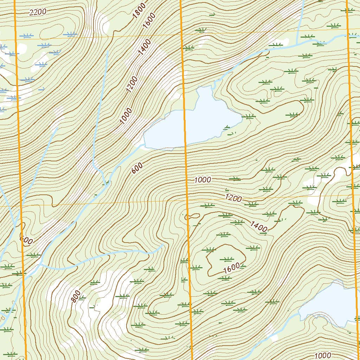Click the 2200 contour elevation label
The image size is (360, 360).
point(38,12)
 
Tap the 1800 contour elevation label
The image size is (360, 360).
point(139,12)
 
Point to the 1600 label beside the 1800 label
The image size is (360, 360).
point(149,22)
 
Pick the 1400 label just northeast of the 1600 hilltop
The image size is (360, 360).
point(259,226)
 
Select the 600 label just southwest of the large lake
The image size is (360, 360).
point(137,169)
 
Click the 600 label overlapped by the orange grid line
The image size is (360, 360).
point(26,240)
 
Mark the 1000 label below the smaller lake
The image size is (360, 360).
point(323,355)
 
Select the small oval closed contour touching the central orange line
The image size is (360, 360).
point(192,216)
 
